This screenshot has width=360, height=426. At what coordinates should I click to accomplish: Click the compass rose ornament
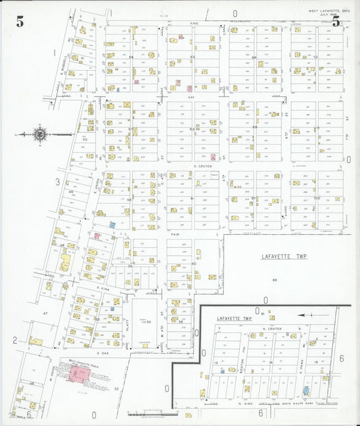40,134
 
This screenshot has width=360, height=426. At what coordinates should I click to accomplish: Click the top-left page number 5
20,22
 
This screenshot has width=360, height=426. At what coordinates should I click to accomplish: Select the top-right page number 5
336,22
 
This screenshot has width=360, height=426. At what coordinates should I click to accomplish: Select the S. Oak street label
103,353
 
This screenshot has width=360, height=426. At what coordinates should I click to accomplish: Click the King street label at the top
195,23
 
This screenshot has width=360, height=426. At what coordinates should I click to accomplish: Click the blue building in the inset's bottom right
307,390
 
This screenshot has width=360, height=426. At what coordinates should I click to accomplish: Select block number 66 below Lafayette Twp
275,279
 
